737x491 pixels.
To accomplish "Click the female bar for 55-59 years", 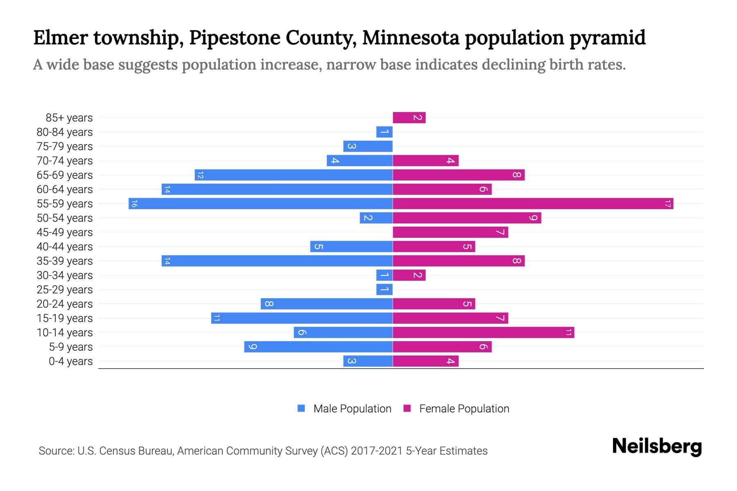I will coord(532,203).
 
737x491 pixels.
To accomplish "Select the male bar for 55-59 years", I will coord(260,203).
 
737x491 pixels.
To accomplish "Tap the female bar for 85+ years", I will coord(409,118).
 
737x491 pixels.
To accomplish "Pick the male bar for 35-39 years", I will coord(277,261).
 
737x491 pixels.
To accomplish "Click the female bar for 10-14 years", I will coord(483,332).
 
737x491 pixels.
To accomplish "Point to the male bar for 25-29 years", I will coord(384,289).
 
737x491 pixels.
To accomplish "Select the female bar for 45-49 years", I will coord(450,232).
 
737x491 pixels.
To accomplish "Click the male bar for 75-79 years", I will coord(368,146).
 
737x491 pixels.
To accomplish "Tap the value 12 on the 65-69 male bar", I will coord(200,175).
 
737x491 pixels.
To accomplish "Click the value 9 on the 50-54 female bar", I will coord(533,218).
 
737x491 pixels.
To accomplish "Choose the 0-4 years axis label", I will coord(70,361).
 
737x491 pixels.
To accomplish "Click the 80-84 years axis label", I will coord(65,132).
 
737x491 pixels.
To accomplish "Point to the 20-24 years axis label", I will coord(65,304).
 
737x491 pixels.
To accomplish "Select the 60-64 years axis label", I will coord(65,189).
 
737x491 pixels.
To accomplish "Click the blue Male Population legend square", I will coord(301,408).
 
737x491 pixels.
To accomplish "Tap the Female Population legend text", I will coord(464,409).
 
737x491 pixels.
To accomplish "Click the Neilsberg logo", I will coord(657,446).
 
